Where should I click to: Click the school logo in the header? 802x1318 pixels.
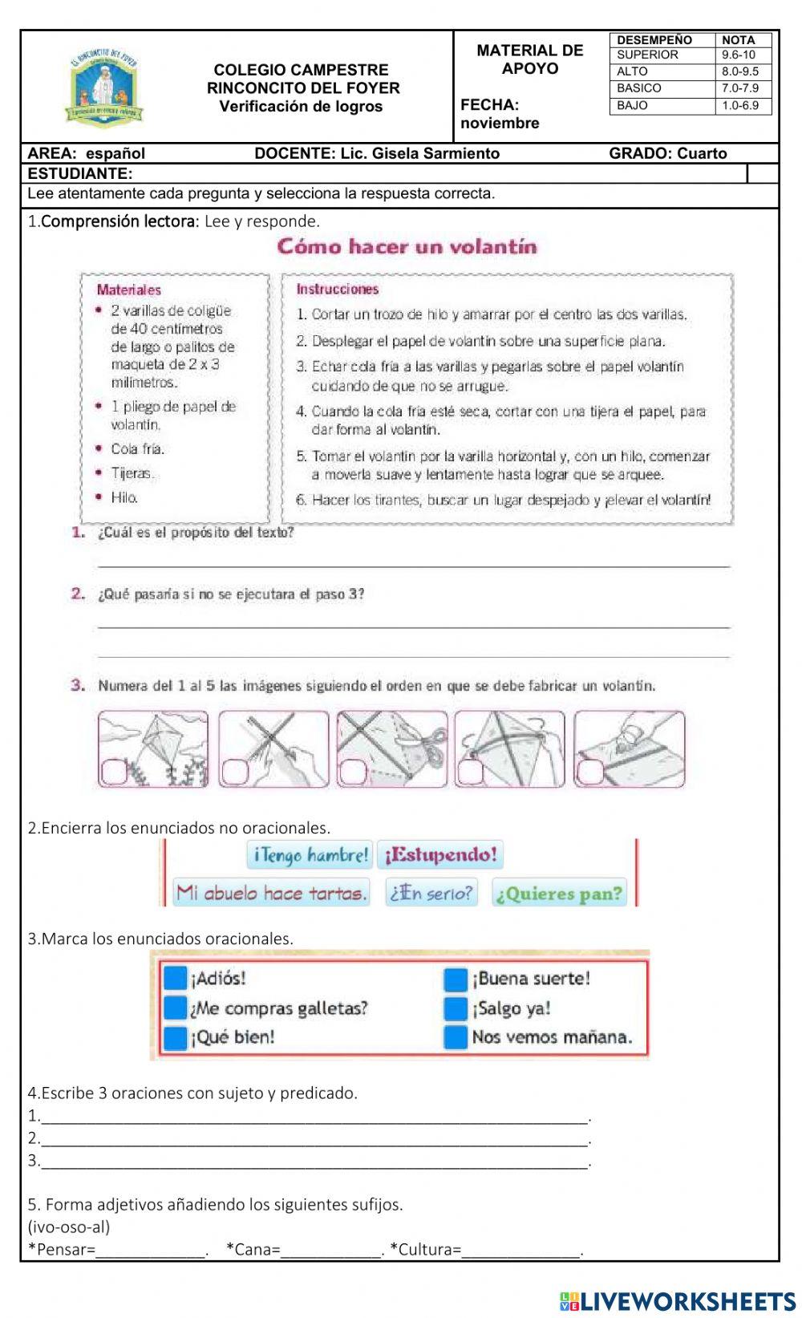pos(107,87)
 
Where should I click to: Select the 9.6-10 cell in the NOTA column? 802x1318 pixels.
pos(743,55)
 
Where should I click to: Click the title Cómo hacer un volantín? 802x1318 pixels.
pos(407,246)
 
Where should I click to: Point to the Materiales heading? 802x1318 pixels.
pos(128,290)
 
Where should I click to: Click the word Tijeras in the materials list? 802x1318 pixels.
pos(132,473)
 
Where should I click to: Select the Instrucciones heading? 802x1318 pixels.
pos(337,289)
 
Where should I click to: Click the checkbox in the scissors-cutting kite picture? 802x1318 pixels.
pos(350,772)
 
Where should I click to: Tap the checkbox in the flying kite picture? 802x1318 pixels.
pos(112,772)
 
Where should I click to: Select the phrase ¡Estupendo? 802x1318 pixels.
pos(440,855)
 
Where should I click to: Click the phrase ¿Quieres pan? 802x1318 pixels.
pos(558,894)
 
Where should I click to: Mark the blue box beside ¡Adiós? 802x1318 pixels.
pos(175,979)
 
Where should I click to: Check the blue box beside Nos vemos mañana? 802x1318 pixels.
pos(456,1037)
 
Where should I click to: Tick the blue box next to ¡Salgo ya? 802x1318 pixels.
pos(456,1008)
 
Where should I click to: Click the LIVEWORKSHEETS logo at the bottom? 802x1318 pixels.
pos(678,1300)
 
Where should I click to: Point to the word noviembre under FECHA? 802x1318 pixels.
pos(500,124)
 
